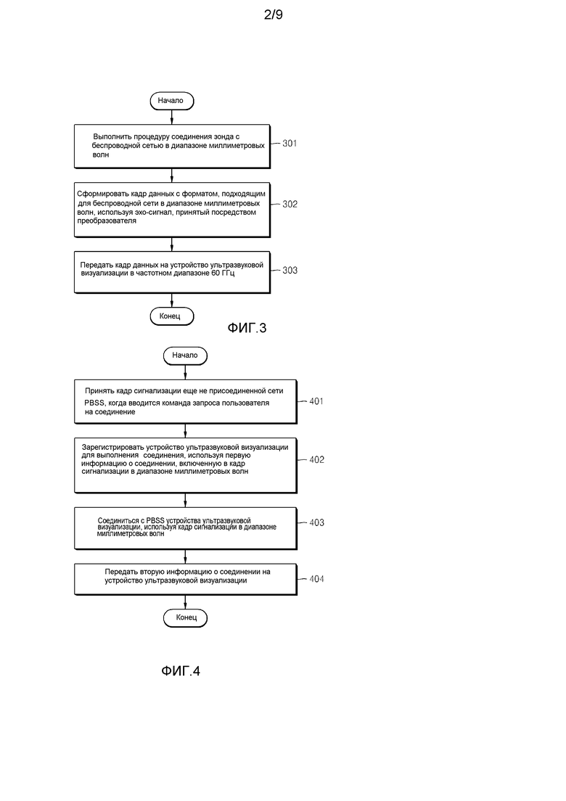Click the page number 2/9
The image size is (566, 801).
[x=274, y=15]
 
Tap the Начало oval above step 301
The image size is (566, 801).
[x=172, y=101]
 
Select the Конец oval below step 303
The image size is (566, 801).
[x=172, y=316]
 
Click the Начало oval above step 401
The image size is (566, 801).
[x=185, y=356]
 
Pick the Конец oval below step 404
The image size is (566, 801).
[x=185, y=617]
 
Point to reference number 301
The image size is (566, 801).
[x=290, y=144]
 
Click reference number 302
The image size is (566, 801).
[x=290, y=205]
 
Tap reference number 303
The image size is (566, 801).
[x=290, y=270]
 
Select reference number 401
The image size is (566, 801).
[x=316, y=401]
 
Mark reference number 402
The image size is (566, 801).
[x=316, y=460]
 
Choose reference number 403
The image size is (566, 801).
[x=316, y=522]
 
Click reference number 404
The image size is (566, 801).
[x=316, y=579]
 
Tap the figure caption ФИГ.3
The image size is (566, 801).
[x=247, y=328]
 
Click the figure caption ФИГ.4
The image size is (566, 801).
[x=181, y=670]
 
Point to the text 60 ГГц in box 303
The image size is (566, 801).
[x=223, y=274]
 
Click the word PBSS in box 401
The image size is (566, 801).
[x=94, y=403]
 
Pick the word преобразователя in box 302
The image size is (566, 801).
[x=107, y=221]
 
